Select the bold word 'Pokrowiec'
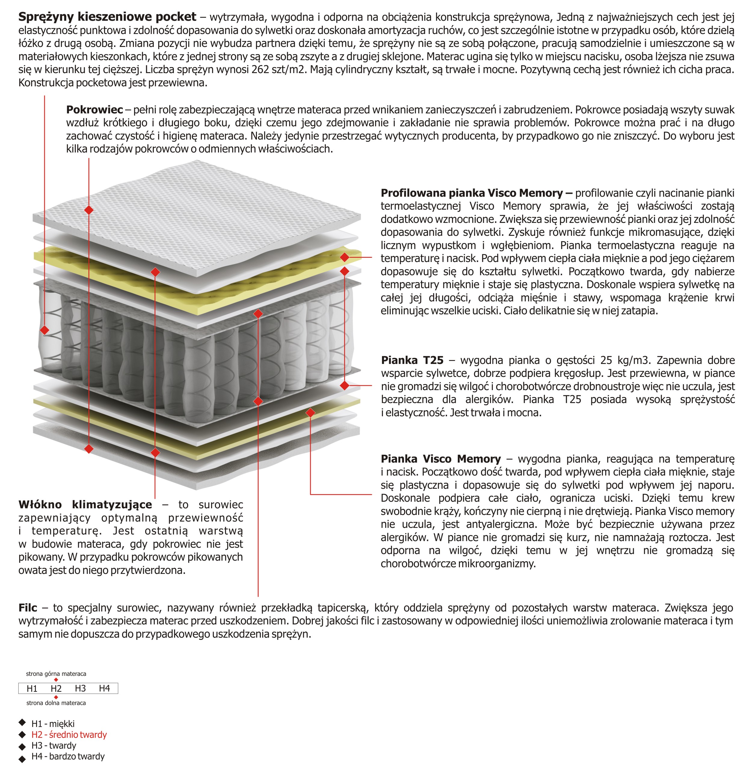pos(94,110)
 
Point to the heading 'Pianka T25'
pos(412,360)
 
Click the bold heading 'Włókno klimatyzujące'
pos(85,504)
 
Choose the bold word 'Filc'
pos(28,607)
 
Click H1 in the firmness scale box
pos(32,688)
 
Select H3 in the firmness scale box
pos(80,688)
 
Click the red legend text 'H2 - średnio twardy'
pos(69,734)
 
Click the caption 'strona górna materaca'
pos(56,673)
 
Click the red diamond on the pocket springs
pos(45,330)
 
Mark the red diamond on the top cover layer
pos(89,210)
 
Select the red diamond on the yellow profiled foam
pos(344,257)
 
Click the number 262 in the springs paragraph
pos(261,70)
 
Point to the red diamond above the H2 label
pos(56,680)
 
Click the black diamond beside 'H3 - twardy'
pos(22,746)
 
